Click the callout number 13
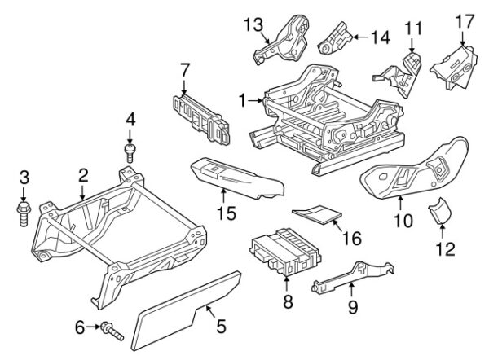(x=253, y=24)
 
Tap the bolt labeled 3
(x=24, y=213)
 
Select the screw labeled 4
(x=130, y=153)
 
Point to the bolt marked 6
(x=112, y=331)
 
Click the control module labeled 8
(x=286, y=252)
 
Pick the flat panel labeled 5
(x=186, y=311)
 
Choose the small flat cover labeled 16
(x=317, y=214)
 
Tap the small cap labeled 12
(x=440, y=211)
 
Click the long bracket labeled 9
(x=352, y=276)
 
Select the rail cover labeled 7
(x=201, y=121)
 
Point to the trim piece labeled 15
(x=237, y=177)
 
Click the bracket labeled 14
(x=335, y=39)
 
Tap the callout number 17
(x=465, y=21)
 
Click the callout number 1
(x=243, y=101)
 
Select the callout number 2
(x=83, y=176)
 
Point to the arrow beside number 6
(x=93, y=327)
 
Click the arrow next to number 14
(x=360, y=37)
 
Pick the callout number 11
(x=413, y=29)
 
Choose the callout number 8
(x=288, y=301)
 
